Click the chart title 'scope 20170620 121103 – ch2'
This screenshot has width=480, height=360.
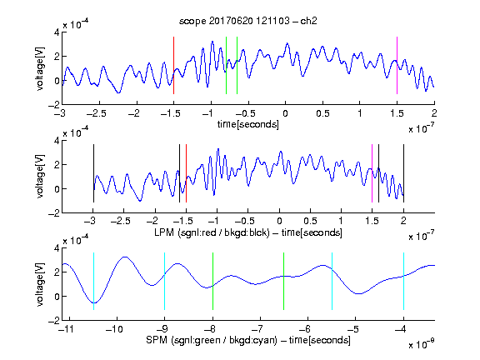(248, 21)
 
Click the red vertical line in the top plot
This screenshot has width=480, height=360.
(173, 65)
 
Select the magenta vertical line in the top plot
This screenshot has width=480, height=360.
(397, 65)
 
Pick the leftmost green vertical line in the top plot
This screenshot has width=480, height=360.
(226, 65)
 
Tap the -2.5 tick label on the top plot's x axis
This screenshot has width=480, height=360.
(97, 113)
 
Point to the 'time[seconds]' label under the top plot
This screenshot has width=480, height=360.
(248, 124)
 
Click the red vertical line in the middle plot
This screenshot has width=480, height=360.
(186, 173)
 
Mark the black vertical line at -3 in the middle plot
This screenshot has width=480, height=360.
(93, 173)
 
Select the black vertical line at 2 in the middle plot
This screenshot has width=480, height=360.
(403, 173)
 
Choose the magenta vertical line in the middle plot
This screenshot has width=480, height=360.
(372, 173)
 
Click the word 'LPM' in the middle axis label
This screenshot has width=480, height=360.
(164, 232)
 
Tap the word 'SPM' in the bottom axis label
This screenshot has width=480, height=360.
(157, 340)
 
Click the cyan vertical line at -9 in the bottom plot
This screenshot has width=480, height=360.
(164, 281)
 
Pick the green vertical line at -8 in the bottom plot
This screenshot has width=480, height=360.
(212, 281)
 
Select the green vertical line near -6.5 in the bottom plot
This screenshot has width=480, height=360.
(284, 281)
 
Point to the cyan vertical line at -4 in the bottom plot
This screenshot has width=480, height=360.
(403, 281)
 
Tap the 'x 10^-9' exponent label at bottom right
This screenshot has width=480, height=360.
(421, 344)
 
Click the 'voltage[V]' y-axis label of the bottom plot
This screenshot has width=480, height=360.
(40, 284)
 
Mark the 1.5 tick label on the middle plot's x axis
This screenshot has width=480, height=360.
(372, 221)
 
